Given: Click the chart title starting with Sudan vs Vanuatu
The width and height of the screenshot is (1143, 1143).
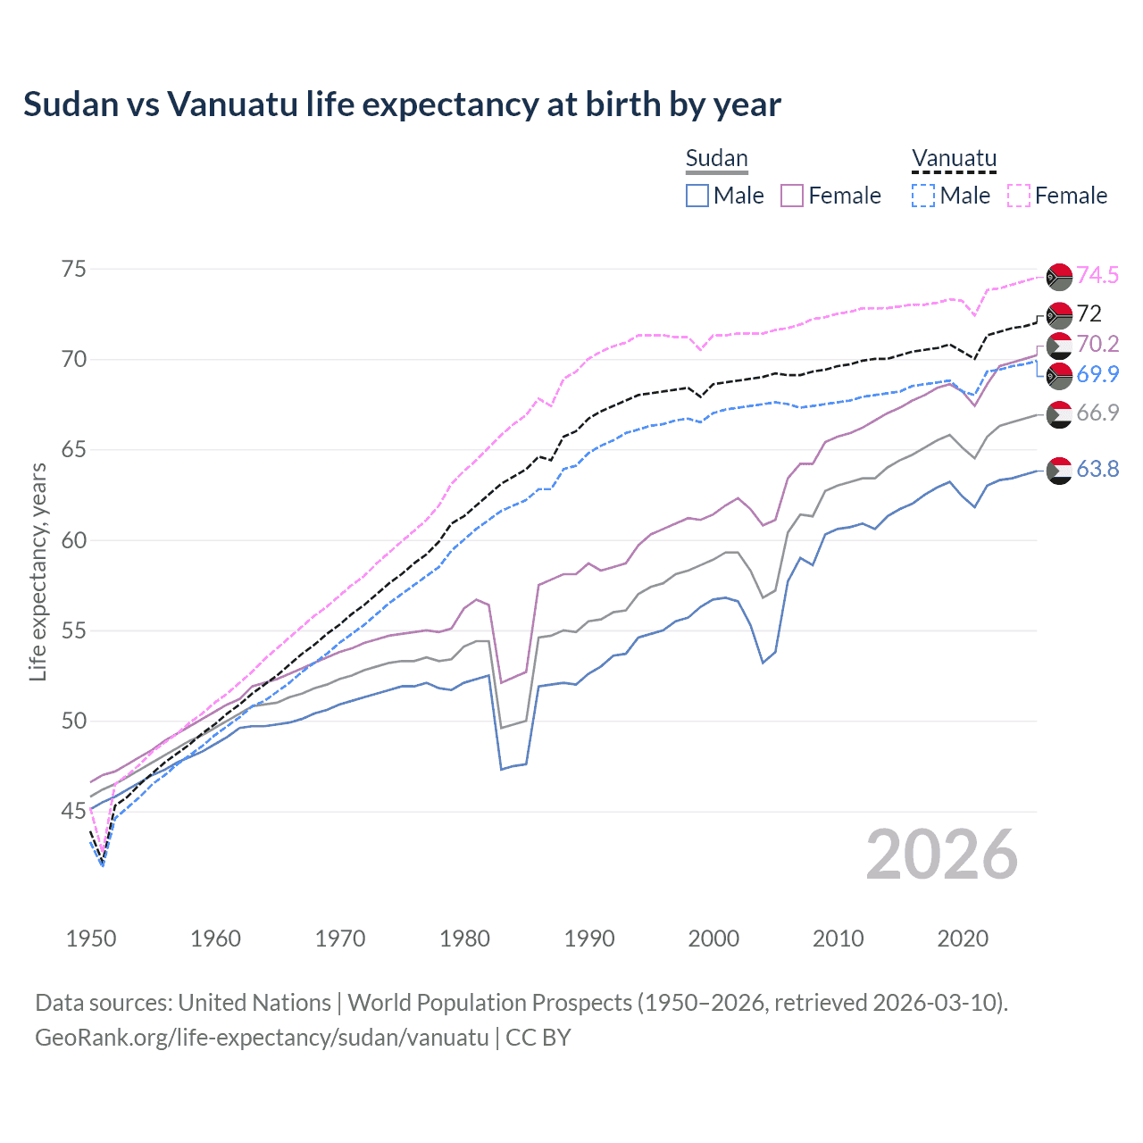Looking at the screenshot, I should point(402,104).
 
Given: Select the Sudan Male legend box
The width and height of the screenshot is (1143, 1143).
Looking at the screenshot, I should point(697,196).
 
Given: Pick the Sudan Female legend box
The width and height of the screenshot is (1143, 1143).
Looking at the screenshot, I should point(792,196).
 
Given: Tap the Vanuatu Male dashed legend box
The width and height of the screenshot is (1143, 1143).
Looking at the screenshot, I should point(923,196).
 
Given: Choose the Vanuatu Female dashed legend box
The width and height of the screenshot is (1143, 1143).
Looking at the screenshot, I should point(1019,196).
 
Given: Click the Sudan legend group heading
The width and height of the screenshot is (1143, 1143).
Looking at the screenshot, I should point(716,158).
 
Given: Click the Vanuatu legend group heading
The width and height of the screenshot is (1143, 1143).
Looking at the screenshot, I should point(954,158).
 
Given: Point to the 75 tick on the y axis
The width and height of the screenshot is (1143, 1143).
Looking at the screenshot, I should point(74,269).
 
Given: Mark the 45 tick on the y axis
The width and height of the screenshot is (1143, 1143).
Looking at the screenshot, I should point(74,812).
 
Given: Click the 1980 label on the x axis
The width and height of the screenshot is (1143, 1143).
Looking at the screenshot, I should point(465,939).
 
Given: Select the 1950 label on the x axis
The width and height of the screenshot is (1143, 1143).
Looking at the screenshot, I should point(91,939).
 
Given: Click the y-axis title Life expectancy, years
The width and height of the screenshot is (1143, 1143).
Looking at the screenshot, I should point(38,571).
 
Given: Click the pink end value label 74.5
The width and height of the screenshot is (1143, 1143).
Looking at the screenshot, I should point(1097,275).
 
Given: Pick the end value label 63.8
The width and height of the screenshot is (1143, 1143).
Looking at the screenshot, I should point(1097,469).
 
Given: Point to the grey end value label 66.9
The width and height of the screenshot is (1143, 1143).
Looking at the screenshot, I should point(1097,413).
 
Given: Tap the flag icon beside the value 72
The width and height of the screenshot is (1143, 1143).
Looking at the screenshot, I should point(1059,315).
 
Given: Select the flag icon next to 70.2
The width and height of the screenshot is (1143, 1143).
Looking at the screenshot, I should point(1059,346).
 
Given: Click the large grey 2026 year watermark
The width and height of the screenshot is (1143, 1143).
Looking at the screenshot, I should point(941,855).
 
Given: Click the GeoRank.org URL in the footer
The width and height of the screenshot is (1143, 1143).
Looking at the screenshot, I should point(262,1038).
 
